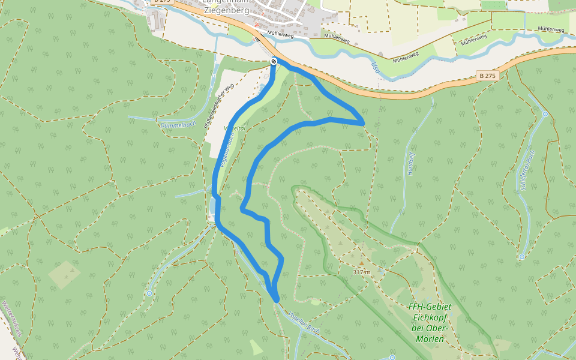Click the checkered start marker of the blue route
pos(274,61)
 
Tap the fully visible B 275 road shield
pos(487,76)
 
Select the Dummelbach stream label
pos(174,125)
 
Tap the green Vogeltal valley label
pos(232,128)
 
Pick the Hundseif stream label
pos(412,163)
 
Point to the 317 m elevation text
pos(361,272)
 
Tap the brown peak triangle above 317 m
pos(361,262)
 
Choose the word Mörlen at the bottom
pos(430,339)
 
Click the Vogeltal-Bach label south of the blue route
pos(304,323)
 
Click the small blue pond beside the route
pos(212,208)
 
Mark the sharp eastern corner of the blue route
pos(364,122)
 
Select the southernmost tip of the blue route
pos(276,299)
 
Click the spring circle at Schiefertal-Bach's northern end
pos(545,113)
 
